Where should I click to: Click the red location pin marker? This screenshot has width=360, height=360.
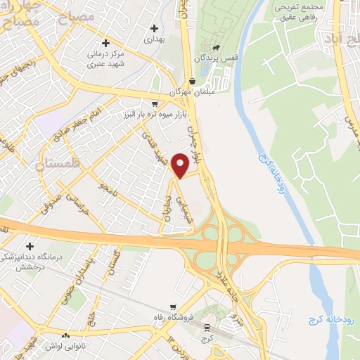181,165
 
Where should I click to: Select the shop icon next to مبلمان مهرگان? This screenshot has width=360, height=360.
192,80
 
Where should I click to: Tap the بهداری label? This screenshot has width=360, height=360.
153,40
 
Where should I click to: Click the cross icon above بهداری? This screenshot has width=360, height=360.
154,28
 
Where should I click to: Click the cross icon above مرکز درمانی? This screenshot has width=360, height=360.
105,43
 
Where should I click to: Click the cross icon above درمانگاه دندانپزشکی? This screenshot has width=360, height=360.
30,246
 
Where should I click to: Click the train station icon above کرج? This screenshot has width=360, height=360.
207,327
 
